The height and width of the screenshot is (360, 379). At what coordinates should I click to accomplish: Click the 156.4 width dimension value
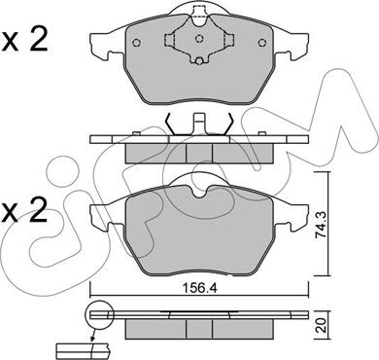tap(199, 288)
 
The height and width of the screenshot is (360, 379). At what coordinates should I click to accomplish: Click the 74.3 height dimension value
tap(321, 224)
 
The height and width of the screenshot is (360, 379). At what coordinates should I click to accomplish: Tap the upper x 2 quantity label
tap(25, 40)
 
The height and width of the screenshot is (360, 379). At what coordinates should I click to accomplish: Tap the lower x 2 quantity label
tap(25, 211)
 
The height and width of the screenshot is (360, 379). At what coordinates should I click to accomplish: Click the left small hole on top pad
tap(136, 43)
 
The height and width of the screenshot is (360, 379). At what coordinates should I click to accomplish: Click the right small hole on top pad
tap(261, 43)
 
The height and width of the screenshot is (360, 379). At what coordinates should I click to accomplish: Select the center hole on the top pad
tap(199, 39)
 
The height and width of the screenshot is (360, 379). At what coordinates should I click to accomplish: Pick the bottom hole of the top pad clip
tap(199, 60)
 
